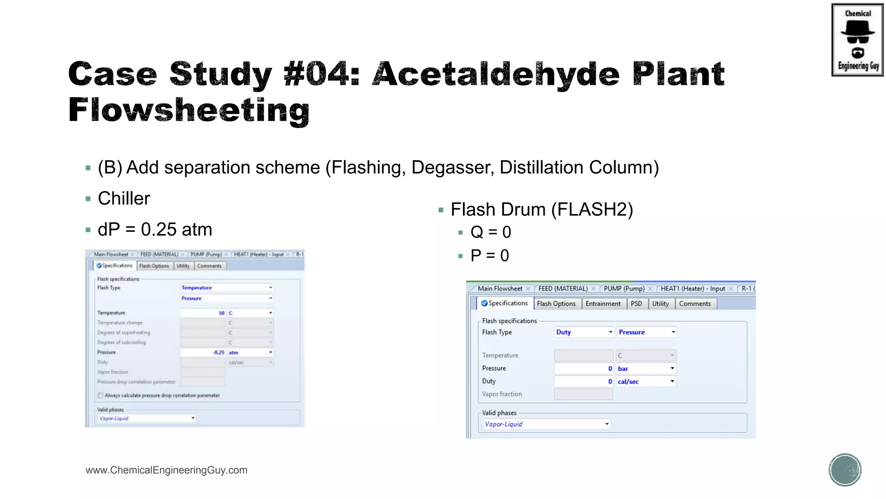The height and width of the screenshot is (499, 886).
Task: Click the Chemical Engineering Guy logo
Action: coord(857,40)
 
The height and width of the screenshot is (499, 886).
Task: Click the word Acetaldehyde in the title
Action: coord(496,74)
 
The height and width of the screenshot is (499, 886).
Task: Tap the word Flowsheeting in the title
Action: coord(189,110)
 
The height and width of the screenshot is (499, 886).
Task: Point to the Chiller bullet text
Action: coord(124,198)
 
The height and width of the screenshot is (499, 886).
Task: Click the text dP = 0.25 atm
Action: coord(155,230)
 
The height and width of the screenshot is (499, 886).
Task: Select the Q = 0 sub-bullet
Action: coord(491,232)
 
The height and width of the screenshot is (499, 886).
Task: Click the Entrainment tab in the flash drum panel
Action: coord(603,304)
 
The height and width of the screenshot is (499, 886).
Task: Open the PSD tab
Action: coord(636,304)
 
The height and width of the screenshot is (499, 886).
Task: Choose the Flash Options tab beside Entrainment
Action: coord(556,304)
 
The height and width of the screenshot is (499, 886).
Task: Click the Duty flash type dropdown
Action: coord(584,332)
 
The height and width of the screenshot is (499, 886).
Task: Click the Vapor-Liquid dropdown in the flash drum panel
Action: coord(546,424)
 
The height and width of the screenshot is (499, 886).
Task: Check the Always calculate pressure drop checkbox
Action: coord(100,395)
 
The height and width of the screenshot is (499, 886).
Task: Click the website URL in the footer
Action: coord(167,470)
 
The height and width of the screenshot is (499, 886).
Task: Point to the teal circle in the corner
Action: coord(845,470)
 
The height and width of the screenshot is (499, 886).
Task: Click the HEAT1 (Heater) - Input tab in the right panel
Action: coord(693,289)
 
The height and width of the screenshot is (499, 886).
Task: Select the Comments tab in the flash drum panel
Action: coord(695,304)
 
